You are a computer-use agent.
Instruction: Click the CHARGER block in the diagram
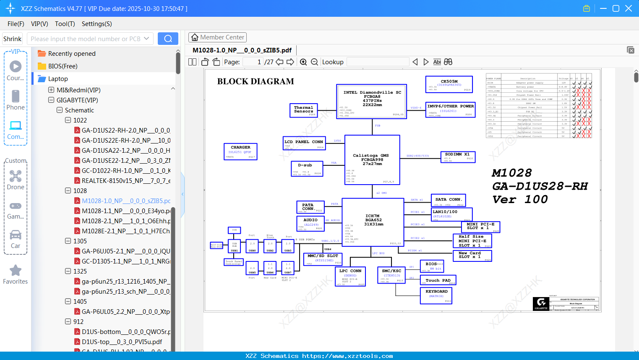[240, 151]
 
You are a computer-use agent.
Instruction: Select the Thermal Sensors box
[304, 110]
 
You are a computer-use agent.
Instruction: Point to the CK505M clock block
[449, 84]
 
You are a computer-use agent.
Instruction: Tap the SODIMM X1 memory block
[458, 157]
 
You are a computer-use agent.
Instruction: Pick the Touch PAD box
[438, 280]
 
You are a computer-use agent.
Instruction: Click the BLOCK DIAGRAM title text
[256, 81]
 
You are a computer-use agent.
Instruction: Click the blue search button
[168, 39]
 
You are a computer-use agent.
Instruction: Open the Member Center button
[217, 37]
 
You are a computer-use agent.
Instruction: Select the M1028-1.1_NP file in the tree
[126, 211]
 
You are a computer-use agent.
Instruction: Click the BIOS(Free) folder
[63, 66]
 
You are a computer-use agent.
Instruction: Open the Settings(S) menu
[97, 24]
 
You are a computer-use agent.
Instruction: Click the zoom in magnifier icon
[303, 62]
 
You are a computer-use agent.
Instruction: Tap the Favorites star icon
[16, 271]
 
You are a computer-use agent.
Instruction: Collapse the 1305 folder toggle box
[68, 241]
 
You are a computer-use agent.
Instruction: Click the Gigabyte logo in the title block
[541, 303]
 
